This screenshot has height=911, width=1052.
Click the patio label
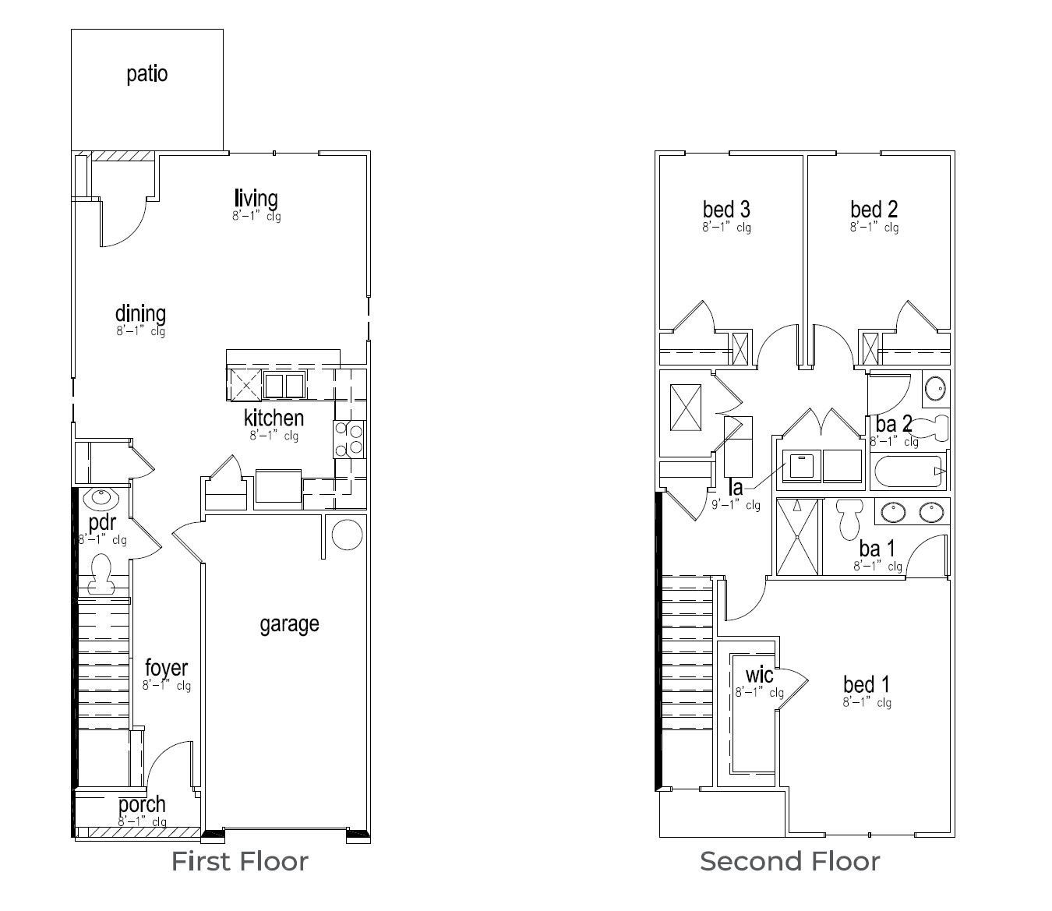pyautogui.click(x=147, y=74)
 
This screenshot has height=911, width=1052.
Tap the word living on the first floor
pyautogui.click(x=256, y=198)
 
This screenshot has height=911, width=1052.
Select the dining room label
pyautogui.click(x=140, y=313)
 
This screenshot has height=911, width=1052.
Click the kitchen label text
pyautogui.click(x=274, y=417)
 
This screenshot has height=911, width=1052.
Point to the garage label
pyautogui.click(x=289, y=623)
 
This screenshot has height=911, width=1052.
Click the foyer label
pyautogui.click(x=166, y=668)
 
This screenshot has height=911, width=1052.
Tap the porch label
pyautogui.click(x=142, y=803)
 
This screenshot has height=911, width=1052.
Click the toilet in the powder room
pyautogui.click(x=101, y=574)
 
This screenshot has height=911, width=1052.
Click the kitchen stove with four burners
pyautogui.click(x=349, y=438)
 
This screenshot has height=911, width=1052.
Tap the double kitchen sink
pyautogui.click(x=284, y=386)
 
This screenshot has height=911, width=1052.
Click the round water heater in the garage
pyautogui.click(x=347, y=535)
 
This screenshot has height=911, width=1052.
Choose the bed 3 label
pyautogui.click(x=726, y=209)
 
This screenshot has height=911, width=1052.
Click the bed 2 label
pyautogui.click(x=874, y=209)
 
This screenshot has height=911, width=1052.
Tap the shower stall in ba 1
pyautogui.click(x=798, y=536)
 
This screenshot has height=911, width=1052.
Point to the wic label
pyautogui.click(x=759, y=674)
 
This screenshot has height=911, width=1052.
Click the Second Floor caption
pyautogui.click(x=789, y=861)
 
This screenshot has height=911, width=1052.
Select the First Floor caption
pyautogui.click(x=240, y=861)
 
